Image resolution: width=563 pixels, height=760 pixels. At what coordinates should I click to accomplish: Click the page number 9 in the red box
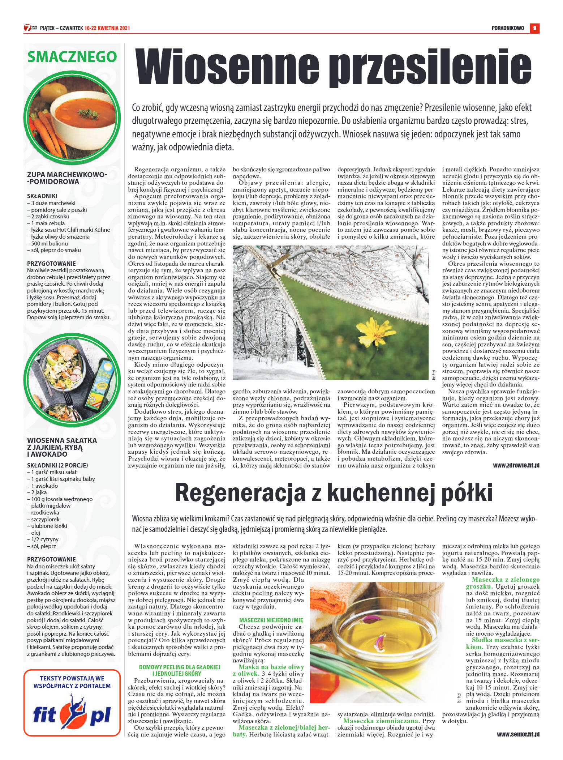click(x=534, y=28)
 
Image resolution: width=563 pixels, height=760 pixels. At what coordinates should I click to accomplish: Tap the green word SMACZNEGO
click(x=72, y=57)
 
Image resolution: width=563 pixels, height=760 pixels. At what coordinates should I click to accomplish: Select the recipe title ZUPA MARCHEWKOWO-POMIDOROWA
click(x=67, y=178)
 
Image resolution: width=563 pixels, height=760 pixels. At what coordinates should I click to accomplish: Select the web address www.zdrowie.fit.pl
click(x=516, y=465)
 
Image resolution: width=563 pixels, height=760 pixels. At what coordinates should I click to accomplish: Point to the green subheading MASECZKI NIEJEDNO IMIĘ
click(x=271, y=620)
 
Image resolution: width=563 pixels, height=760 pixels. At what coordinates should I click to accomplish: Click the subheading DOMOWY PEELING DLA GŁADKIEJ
click(x=179, y=667)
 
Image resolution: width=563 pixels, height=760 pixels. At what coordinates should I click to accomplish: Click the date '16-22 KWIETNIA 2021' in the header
click(x=107, y=28)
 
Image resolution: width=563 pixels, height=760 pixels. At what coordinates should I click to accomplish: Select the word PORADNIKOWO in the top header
click(x=508, y=28)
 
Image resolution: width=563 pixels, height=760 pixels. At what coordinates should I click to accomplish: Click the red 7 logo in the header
click(x=27, y=28)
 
